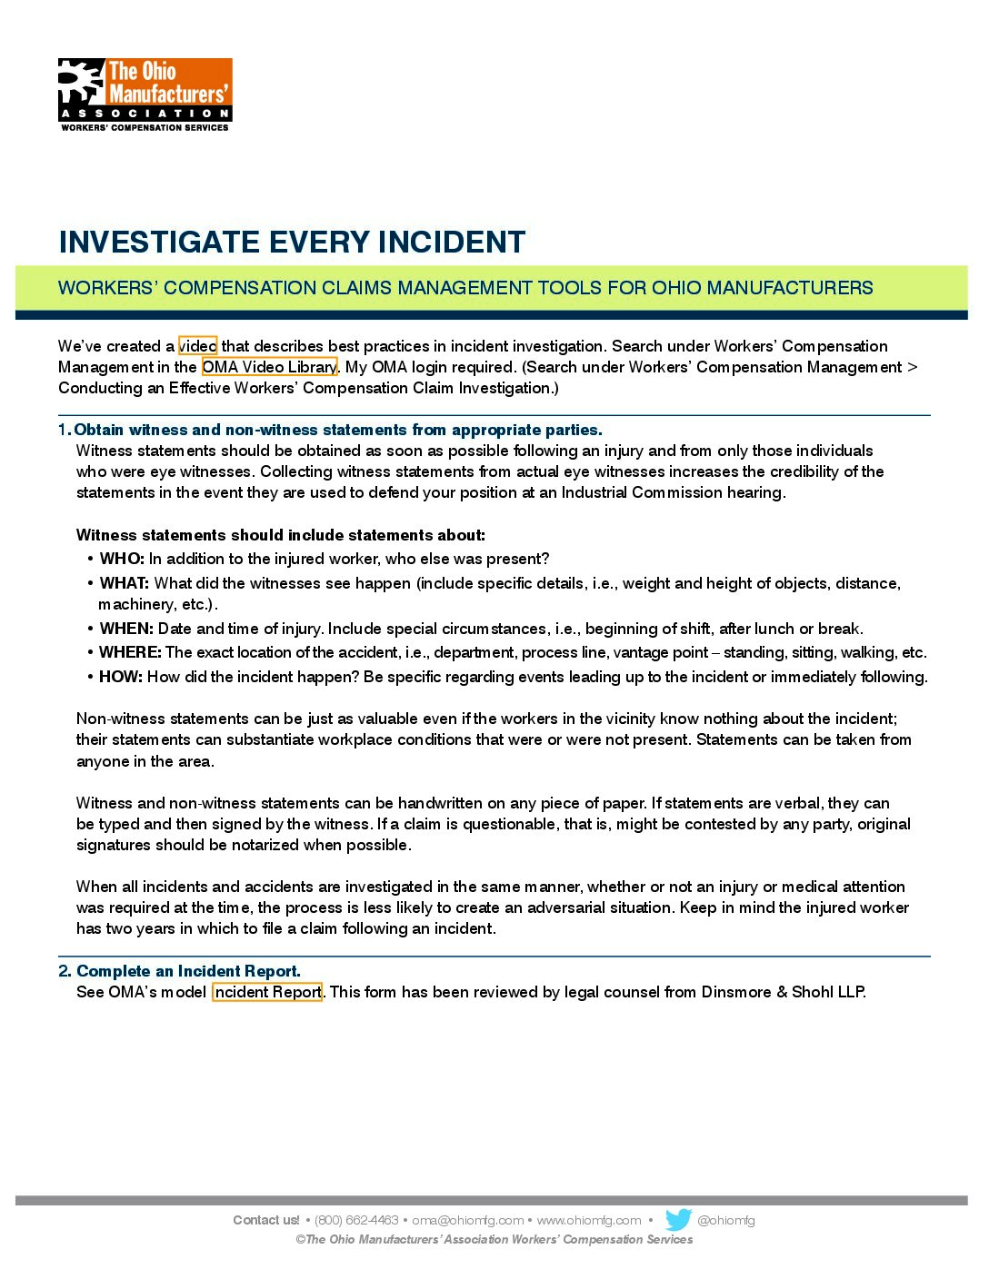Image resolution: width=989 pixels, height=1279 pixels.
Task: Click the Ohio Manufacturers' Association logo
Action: tap(145, 94)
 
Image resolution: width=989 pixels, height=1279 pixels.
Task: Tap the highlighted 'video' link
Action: tap(197, 346)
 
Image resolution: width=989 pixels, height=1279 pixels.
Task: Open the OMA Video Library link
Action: tap(269, 367)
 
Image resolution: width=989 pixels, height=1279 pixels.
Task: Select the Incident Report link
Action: tap(267, 992)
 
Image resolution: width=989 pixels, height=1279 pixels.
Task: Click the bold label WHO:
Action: tap(122, 559)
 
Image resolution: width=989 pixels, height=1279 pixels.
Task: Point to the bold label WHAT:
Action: tap(125, 583)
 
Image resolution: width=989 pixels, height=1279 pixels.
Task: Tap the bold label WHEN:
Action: tap(126, 629)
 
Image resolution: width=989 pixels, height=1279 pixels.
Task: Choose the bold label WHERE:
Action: tap(130, 652)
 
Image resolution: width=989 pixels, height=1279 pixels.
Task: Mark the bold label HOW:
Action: tap(121, 677)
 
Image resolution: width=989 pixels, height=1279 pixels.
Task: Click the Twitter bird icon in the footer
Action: tap(678, 1220)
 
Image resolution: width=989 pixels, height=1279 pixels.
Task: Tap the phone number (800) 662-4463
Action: tap(356, 1220)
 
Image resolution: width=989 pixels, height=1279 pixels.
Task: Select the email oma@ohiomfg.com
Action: tap(467, 1220)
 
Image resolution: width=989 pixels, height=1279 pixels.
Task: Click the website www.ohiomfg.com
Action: tap(589, 1220)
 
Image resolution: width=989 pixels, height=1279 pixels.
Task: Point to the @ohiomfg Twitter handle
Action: tap(725, 1220)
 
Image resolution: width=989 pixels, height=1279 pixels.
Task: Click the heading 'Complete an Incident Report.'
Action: tap(188, 971)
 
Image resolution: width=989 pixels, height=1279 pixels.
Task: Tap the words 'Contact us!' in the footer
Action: tap(265, 1220)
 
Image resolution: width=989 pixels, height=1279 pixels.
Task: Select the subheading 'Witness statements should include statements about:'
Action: tap(281, 535)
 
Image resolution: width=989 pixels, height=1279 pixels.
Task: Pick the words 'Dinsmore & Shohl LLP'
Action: tap(783, 992)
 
